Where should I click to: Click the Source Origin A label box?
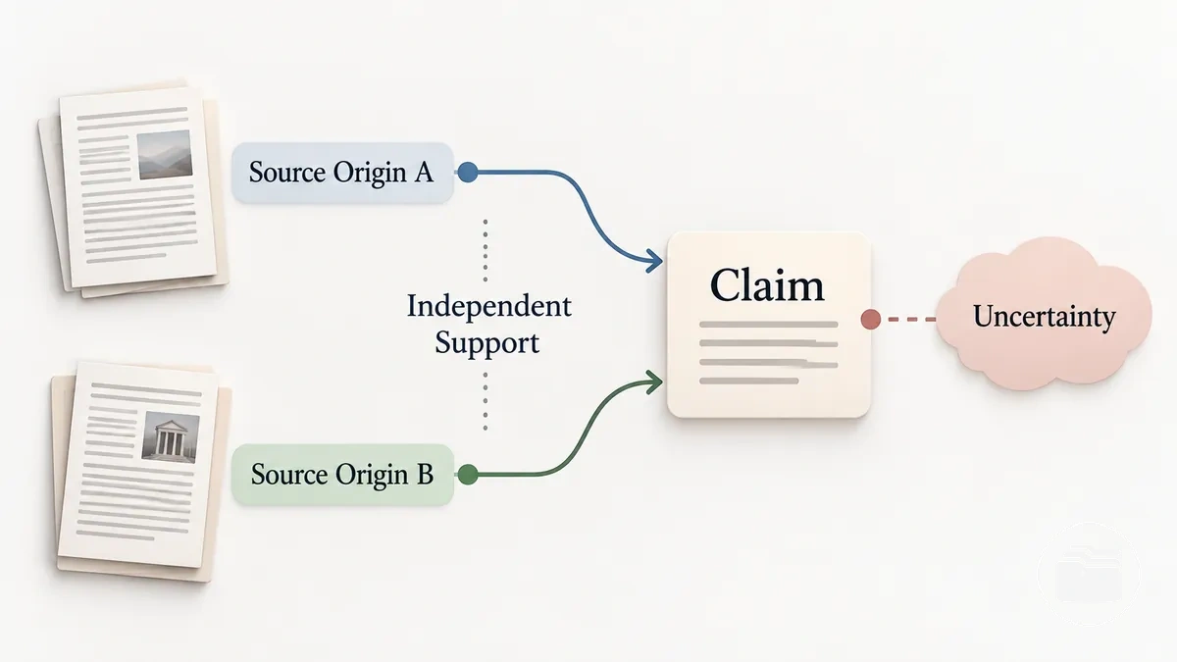click(x=342, y=173)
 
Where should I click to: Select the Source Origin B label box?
click(x=342, y=475)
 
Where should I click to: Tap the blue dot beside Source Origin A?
click(x=468, y=173)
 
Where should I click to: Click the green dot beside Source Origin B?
click(x=468, y=475)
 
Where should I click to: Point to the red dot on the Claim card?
click(x=871, y=320)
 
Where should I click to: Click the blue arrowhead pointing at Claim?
click(x=654, y=261)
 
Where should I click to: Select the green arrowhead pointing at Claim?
click(x=654, y=382)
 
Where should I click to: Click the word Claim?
click(x=767, y=285)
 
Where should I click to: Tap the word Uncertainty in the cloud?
click(x=1044, y=317)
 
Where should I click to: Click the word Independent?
click(x=489, y=306)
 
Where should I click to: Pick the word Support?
click(x=487, y=343)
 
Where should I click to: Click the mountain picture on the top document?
click(x=165, y=155)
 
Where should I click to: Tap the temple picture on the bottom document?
click(x=171, y=437)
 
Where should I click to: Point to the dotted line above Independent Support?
click(x=485, y=251)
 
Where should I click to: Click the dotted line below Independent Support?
click(x=485, y=401)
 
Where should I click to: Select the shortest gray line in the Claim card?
click(x=748, y=381)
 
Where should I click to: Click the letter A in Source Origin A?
click(x=424, y=173)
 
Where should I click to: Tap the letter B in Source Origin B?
click(x=425, y=475)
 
